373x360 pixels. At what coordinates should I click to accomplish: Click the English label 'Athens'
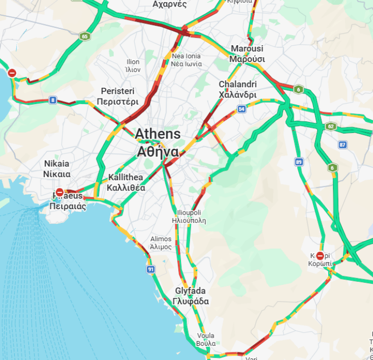click(158, 134)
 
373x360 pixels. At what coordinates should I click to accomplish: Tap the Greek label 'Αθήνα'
click(158, 152)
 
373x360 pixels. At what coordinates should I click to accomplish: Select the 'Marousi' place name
click(247, 49)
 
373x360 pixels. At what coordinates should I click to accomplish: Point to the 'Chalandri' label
click(237, 84)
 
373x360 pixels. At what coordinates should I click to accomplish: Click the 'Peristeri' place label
click(117, 91)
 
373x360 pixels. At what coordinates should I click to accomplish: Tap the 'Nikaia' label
click(56, 164)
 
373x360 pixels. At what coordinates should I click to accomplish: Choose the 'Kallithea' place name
click(126, 177)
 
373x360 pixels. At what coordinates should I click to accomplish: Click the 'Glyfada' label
click(190, 291)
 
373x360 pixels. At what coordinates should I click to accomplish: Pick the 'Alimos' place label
click(161, 239)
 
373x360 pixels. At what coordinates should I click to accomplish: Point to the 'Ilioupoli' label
click(189, 212)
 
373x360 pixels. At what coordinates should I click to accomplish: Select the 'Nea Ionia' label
click(186, 56)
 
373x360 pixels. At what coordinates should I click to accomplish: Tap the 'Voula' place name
click(205, 336)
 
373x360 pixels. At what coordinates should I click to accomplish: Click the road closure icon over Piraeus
click(59, 192)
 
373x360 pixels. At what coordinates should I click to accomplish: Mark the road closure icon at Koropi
click(320, 255)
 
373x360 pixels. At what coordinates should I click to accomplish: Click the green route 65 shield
click(84, 36)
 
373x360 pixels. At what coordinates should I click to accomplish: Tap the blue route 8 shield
click(53, 100)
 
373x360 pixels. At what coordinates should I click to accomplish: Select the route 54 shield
click(241, 109)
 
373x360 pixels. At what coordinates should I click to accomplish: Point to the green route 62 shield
click(331, 126)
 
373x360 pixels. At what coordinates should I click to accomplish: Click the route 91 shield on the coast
click(150, 269)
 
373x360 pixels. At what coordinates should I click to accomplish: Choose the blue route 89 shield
click(299, 162)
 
